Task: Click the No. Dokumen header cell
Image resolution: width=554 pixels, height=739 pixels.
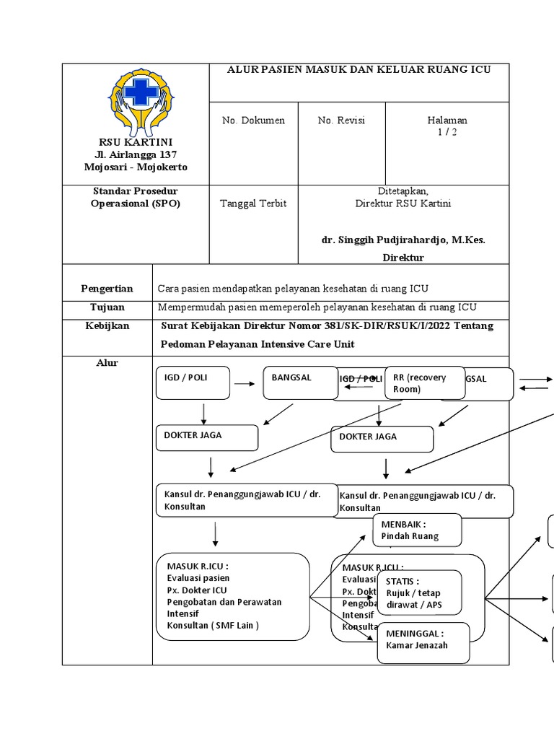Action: (x=253, y=121)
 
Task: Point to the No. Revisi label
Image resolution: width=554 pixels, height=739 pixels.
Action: (x=341, y=121)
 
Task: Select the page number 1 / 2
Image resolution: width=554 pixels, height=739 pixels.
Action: (x=447, y=132)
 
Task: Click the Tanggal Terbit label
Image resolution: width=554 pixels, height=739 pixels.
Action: (x=253, y=204)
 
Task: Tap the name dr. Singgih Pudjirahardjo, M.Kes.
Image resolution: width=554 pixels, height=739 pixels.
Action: (x=403, y=240)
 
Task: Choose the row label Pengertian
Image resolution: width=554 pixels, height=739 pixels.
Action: (x=107, y=289)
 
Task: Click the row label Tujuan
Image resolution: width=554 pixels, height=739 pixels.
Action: (x=107, y=307)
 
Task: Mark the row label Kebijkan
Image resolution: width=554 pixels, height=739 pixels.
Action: (x=107, y=326)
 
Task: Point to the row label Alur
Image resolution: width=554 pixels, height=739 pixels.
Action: (x=107, y=363)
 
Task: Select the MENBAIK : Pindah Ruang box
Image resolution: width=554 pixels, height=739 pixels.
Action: (x=417, y=530)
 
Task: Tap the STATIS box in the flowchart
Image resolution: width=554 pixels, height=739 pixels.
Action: (x=421, y=592)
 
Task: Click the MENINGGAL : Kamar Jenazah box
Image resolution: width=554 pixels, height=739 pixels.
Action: (x=423, y=642)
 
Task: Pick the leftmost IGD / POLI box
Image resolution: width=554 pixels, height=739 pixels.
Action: (x=193, y=382)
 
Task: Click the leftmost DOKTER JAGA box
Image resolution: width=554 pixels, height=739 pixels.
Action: (x=206, y=437)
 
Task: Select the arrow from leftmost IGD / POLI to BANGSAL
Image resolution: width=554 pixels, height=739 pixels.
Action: (x=245, y=384)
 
